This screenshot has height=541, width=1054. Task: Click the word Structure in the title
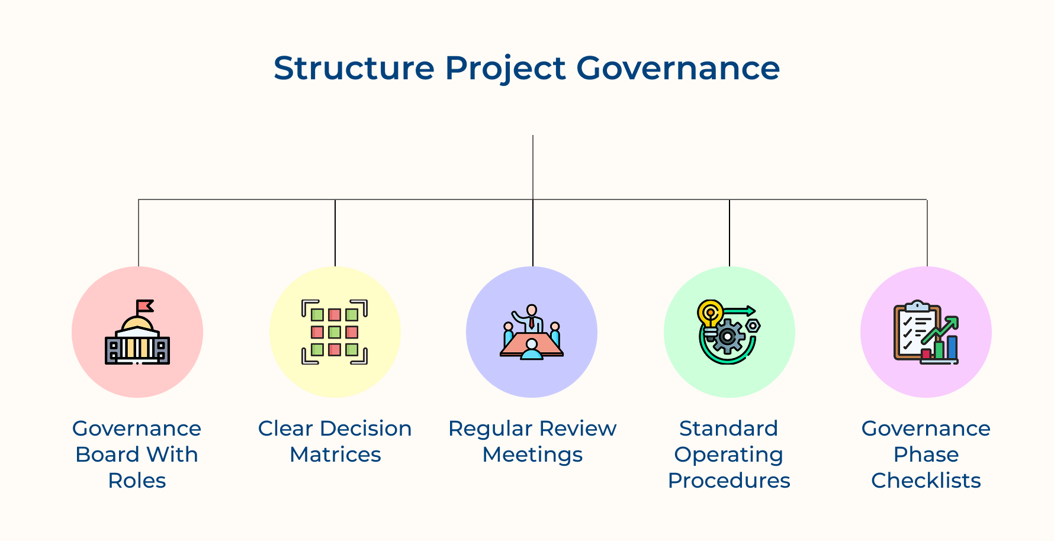(354, 68)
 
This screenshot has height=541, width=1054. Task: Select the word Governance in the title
(678, 68)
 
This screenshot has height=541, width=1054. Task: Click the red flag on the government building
(145, 306)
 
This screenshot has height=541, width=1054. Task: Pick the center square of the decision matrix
(335, 332)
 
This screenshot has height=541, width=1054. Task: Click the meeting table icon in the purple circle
(532, 345)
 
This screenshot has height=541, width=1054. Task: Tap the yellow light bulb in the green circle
(709, 317)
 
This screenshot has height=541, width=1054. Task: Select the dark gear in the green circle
(727, 336)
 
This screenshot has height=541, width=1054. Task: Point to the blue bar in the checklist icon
(952, 347)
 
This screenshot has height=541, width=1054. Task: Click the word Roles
(137, 481)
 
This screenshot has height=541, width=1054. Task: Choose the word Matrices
(335, 455)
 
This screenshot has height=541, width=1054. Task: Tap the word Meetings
(532, 455)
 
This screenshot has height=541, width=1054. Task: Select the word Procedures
(729, 481)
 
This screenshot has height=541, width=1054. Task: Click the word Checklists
(926, 481)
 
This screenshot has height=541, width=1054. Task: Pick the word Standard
(729, 429)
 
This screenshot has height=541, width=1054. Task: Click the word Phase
(926, 455)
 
